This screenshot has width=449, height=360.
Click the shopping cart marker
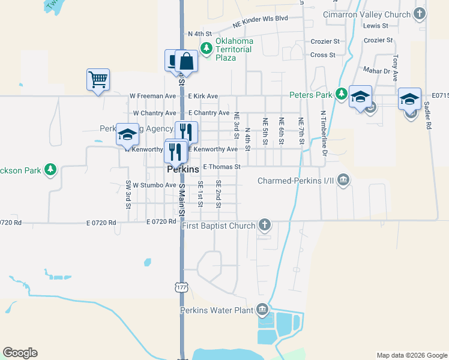pyautogui.click(x=98, y=79)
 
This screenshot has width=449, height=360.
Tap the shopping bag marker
pyautogui.click(x=187, y=61)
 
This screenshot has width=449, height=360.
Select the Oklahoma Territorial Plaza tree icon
pyautogui.click(x=207, y=48)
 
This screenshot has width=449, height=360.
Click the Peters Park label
pyautogui.click(x=311, y=94)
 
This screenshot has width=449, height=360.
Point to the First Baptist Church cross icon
pyautogui.click(x=264, y=226)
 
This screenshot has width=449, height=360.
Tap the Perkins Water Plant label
pyautogui.click(x=217, y=310)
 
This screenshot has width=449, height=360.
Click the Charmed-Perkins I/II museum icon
pyautogui.click(x=343, y=180)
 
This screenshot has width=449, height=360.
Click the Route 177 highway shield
pyautogui.click(x=182, y=287)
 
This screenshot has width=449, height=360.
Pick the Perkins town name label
pyautogui.click(x=182, y=170)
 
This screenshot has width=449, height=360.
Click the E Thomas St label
pyautogui.click(x=221, y=167)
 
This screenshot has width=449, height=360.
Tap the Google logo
pyautogui.click(x=20, y=353)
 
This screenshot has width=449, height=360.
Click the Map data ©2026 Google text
pyautogui.click(x=411, y=355)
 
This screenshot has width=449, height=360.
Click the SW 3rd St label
pyautogui.click(x=128, y=194)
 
